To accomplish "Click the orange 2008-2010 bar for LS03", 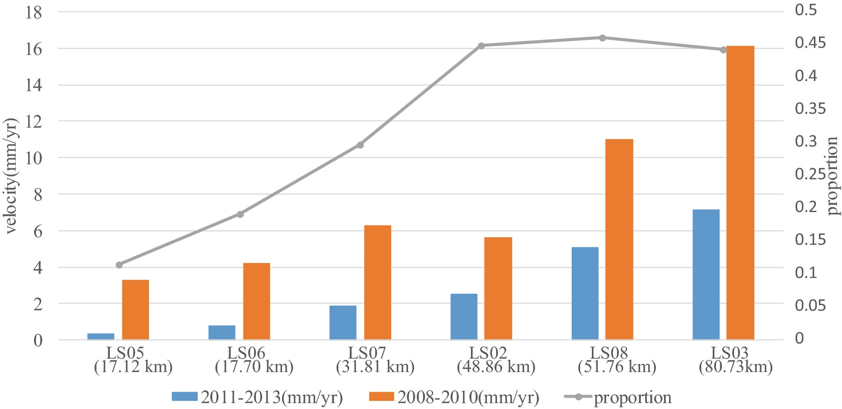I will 740,193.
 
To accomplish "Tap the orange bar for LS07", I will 377,282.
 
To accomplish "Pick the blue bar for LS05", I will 101,336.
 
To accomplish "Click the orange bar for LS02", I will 498,288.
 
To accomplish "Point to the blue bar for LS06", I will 222,332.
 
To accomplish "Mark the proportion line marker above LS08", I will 602,38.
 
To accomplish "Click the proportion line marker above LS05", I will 119,265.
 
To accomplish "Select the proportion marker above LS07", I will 360,145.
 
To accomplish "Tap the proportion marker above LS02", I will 481,46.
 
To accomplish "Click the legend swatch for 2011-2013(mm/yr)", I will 184,397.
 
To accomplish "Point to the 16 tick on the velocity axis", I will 34,49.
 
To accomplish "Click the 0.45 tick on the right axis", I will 810,43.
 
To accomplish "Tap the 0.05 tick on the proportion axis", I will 810,305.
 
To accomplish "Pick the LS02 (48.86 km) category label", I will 496,360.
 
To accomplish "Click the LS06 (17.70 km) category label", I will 254,360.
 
